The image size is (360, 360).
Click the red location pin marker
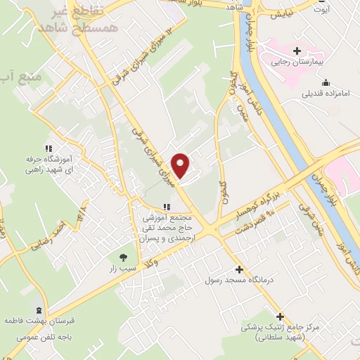click(181, 165)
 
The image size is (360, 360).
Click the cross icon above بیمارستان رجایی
click(297, 51)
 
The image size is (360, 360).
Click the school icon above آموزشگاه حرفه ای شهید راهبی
click(48, 148)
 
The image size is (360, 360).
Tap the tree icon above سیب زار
click(124, 257)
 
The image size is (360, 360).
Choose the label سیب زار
click(124, 269)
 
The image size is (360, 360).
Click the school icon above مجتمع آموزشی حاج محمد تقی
click(167, 207)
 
